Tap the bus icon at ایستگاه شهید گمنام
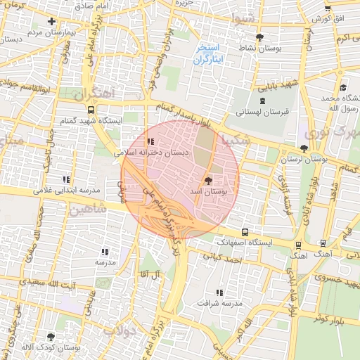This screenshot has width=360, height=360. point(91,110)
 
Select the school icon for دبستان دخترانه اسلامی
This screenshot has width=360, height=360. point(150,140)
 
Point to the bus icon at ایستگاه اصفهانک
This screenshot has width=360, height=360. point(245,232)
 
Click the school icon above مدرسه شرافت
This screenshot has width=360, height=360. point(219,292)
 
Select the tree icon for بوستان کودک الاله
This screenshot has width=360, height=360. point(51,337)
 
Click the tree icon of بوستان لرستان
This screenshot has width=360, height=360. point(304,148)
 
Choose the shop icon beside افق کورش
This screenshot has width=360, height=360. point(328,8)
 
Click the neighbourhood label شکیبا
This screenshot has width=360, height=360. point(235,140)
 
